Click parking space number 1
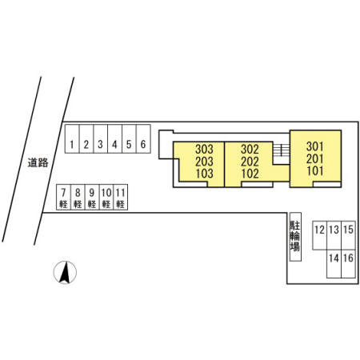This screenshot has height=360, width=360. click(x=72, y=139)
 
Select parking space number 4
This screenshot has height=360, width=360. click(x=115, y=139)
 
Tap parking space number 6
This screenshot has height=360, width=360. click(x=143, y=139)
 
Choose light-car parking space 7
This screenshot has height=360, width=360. click(x=63, y=197)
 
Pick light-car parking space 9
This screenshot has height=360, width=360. click(x=92, y=197)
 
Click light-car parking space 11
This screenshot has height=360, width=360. click(x=121, y=197)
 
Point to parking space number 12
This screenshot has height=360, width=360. click(x=320, y=235)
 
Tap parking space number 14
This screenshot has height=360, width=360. click(x=334, y=264)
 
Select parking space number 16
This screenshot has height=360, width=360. click(x=349, y=264)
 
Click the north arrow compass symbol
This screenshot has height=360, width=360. click(x=65, y=272)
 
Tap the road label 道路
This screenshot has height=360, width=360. click(x=38, y=162)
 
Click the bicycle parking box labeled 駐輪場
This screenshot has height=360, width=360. click(x=295, y=237)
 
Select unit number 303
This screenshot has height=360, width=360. click(x=204, y=150)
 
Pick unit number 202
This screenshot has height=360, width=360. click(x=250, y=162)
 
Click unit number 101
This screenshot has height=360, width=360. click(x=315, y=171)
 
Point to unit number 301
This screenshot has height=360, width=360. click(x=315, y=146)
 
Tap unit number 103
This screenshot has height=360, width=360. click(x=205, y=174)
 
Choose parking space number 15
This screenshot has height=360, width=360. click(x=349, y=235)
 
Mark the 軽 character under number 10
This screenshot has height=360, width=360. click(x=106, y=204)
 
